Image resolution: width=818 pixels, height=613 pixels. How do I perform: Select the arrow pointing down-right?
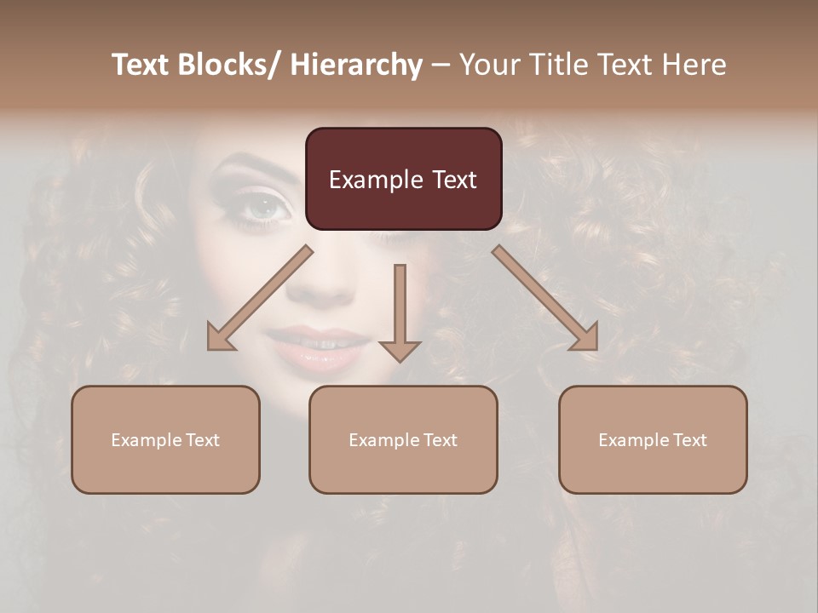pos(546,300)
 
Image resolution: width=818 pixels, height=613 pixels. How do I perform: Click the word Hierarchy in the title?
pos(356,66)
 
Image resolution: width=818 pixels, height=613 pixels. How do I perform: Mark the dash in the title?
pos(441,66)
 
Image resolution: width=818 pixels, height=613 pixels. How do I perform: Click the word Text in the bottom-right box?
pos(688,440)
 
